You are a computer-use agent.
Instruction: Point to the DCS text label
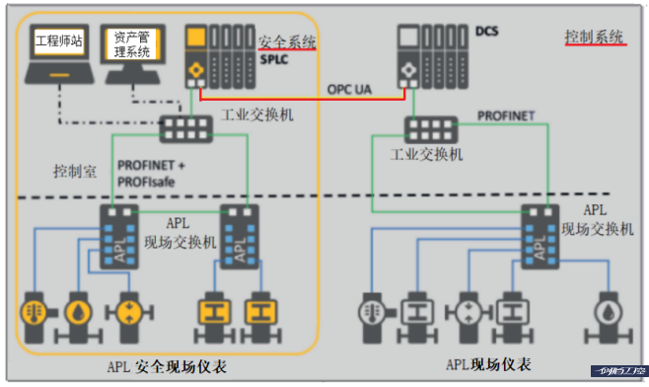click(488, 32)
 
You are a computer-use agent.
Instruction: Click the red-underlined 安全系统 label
click(287, 42)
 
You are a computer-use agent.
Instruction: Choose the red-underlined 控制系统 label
click(595, 38)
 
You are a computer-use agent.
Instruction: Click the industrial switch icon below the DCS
click(430, 127)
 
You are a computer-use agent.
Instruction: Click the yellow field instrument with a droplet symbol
click(78, 310)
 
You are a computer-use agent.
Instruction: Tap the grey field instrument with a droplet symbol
click(607, 312)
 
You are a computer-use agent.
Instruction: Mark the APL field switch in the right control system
click(538, 234)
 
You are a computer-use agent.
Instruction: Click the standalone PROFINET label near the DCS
click(506, 116)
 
